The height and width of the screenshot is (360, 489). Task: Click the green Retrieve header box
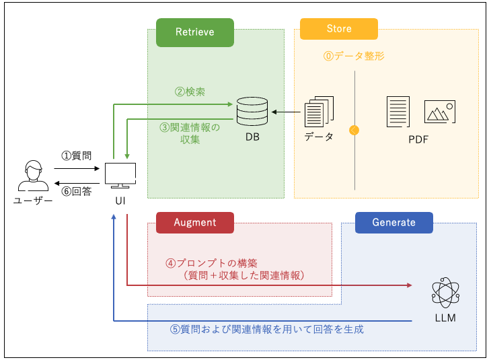(194, 32)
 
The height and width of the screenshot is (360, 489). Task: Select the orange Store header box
(338, 29)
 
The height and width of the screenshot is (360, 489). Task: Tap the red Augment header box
(194, 222)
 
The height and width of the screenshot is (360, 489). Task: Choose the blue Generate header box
(393, 222)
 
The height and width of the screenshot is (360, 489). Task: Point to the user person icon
(32, 177)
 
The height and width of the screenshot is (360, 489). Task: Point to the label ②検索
(190, 92)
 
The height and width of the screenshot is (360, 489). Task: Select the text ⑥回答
(76, 190)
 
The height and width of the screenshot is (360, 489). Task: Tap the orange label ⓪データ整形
(354, 57)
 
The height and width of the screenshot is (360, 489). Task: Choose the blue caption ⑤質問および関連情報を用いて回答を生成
(266, 330)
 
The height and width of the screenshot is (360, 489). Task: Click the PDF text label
(418, 140)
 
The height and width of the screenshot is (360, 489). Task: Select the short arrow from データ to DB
(285, 112)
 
